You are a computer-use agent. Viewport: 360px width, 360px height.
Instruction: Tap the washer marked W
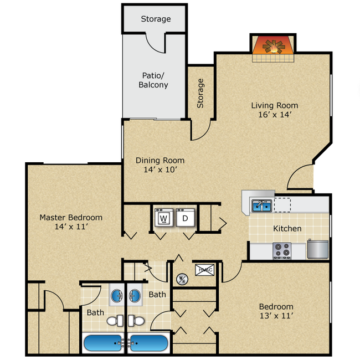coord(163,218)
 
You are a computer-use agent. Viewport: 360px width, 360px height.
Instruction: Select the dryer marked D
coord(185,218)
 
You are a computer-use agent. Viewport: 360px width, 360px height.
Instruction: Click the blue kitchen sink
coord(261,206)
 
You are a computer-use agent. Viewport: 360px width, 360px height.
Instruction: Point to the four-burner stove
coord(282,250)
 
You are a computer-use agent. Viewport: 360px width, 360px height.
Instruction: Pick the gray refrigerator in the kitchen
coord(317,249)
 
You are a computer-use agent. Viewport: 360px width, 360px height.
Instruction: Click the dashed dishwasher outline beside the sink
coord(282,205)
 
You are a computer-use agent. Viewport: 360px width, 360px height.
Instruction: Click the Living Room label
coord(274,105)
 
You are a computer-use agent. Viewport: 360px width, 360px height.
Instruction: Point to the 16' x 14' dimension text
coord(274,115)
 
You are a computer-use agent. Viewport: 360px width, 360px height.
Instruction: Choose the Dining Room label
coord(160,161)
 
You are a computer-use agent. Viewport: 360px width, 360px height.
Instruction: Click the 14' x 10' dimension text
coord(160,170)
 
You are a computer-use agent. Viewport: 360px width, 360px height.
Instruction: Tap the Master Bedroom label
coord(71,217)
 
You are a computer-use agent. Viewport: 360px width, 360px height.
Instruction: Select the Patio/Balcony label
coord(153,80)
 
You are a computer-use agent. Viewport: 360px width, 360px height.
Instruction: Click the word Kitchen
coord(287,228)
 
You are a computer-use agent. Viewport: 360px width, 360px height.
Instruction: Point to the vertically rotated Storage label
coord(200,92)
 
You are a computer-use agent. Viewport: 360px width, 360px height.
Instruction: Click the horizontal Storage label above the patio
coord(156,19)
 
